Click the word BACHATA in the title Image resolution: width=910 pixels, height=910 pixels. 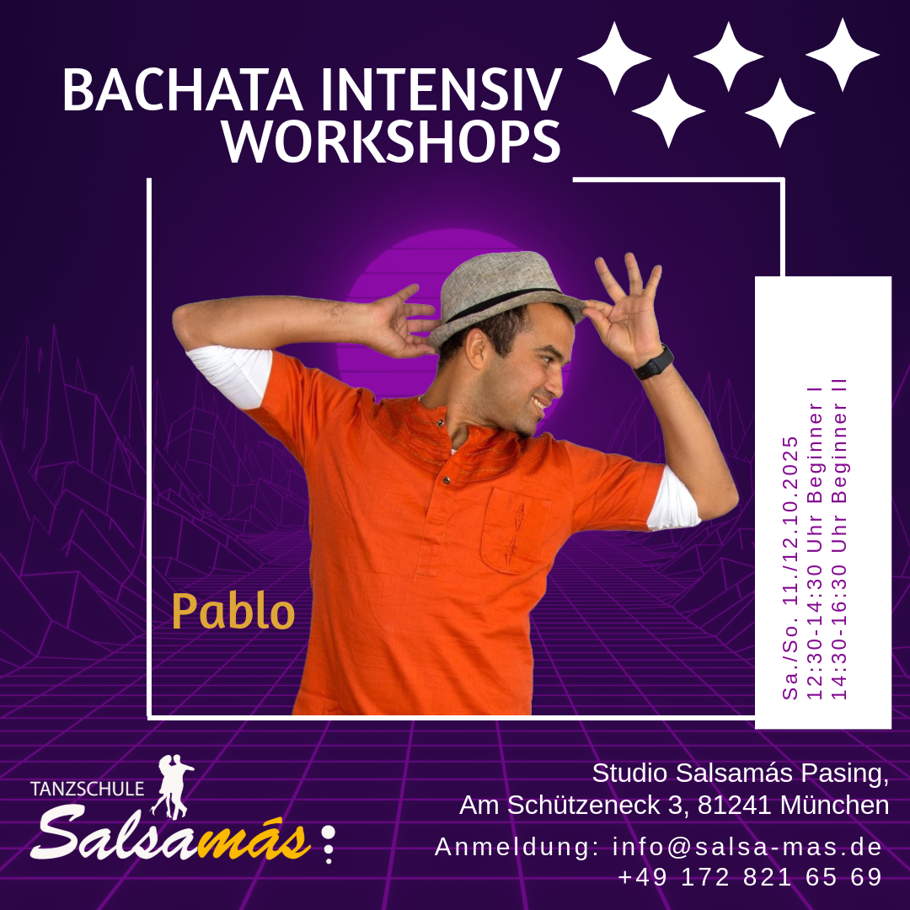[183, 89]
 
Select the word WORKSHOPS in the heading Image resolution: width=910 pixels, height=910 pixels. [391, 141]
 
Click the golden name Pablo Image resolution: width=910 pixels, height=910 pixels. [233, 611]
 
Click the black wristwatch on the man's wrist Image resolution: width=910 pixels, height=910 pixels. [654, 362]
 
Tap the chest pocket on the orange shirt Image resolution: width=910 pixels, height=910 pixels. [514, 530]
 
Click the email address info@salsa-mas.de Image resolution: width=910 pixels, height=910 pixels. [747, 847]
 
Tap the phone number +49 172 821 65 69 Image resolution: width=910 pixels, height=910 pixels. [751, 877]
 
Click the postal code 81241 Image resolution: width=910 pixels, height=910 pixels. [734, 805]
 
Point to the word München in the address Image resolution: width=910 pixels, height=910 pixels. [834, 805]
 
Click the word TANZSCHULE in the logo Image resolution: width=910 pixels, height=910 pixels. [87, 789]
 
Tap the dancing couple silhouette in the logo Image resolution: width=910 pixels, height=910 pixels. [172, 786]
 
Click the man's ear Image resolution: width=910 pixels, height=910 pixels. [477, 349]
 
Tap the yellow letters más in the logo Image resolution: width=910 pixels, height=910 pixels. [254, 839]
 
